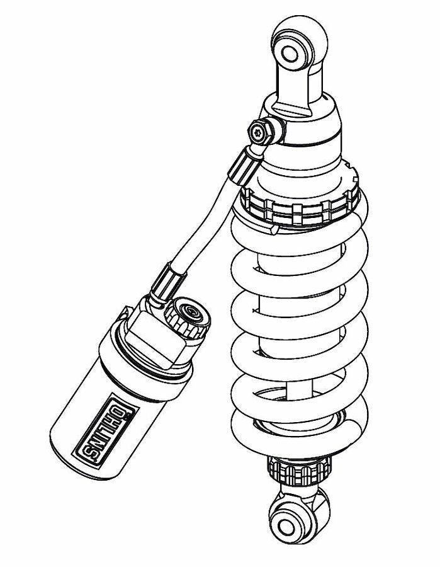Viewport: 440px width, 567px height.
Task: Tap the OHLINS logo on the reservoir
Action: [108, 430]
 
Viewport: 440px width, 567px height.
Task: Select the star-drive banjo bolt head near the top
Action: [259, 132]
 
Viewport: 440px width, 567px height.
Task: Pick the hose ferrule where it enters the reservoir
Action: [165, 280]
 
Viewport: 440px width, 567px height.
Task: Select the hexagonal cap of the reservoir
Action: [155, 340]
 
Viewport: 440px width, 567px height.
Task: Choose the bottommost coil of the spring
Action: [296, 438]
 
